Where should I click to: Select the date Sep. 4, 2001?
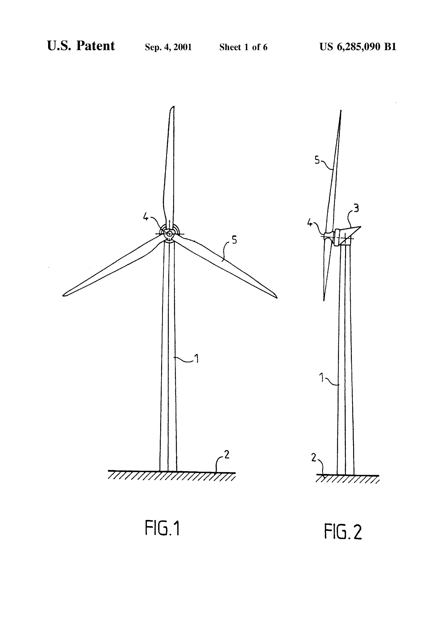point(168,47)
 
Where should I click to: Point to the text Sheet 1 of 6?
point(243,47)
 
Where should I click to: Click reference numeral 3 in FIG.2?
point(356,209)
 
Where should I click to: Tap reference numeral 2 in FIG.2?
point(314,457)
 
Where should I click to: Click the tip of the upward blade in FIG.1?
point(173,106)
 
